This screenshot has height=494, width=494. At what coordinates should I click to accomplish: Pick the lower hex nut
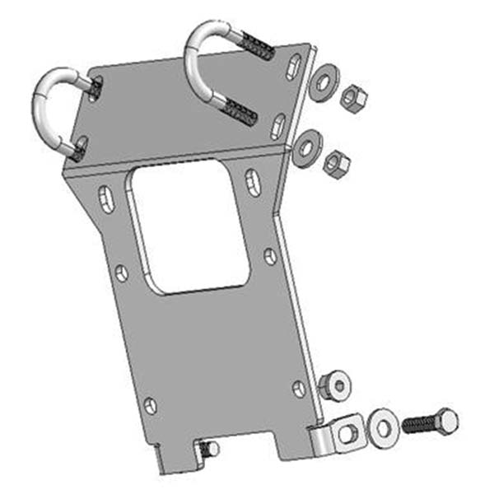pyautogui.click(x=336, y=164)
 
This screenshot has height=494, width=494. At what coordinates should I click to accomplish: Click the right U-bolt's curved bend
pyautogui.click(x=202, y=49)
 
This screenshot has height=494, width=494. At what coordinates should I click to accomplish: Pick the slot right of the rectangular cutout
pyautogui.click(x=254, y=182)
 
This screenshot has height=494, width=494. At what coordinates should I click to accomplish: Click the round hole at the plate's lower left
pyautogui.click(x=150, y=404)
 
